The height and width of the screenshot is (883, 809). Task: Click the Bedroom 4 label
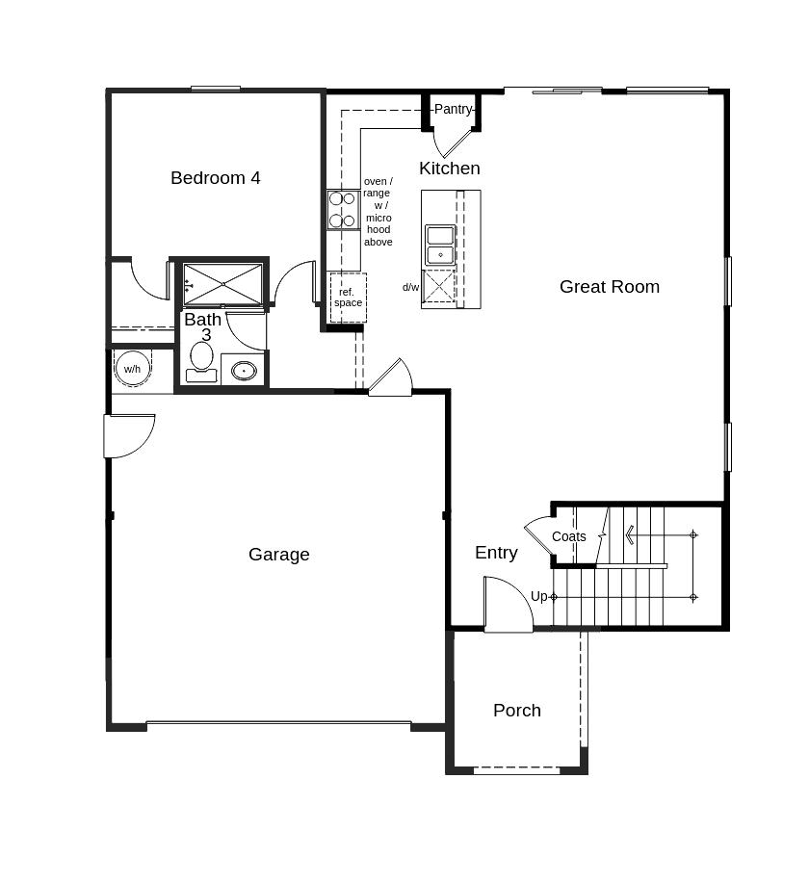click(216, 178)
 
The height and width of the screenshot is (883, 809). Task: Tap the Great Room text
click(610, 287)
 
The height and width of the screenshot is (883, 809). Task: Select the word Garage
click(279, 555)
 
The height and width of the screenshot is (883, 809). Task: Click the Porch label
click(517, 711)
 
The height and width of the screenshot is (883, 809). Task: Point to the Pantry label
click(453, 110)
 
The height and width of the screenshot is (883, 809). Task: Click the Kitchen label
click(449, 169)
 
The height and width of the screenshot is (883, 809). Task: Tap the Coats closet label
click(569, 537)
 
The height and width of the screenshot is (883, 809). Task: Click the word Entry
click(496, 553)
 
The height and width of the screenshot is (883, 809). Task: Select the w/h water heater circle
click(132, 369)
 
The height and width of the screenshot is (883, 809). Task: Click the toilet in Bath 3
click(201, 360)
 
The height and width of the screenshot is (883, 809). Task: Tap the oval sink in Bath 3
click(244, 370)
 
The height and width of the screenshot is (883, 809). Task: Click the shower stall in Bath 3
click(222, 284)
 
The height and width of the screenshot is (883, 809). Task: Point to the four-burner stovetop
click(342, 210)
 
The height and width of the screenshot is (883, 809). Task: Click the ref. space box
click(348, 298)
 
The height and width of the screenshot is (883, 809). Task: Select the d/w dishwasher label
click(411, 287)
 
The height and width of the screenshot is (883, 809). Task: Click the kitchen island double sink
click(440, 245)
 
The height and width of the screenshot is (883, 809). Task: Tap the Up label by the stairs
click(539, 597)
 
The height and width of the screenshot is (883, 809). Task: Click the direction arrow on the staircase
click(630, 534)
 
